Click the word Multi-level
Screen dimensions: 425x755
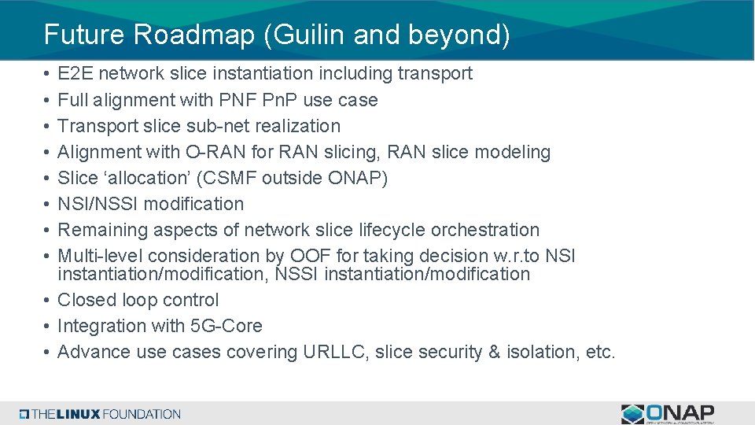tap(101, 256)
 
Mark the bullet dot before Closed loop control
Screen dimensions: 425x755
tap(48, 300)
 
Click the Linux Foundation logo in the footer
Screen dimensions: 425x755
tap(101, 414)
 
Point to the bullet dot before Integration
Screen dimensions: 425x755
tap(48, 326)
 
